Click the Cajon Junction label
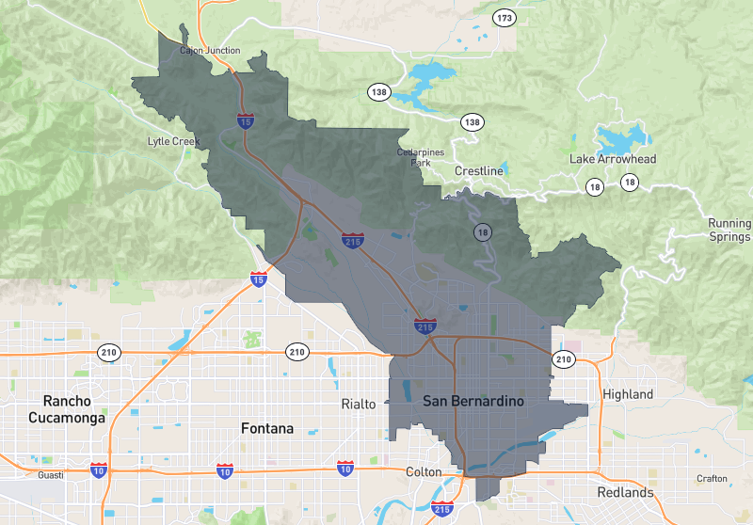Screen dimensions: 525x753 209,50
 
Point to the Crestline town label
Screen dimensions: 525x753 479,171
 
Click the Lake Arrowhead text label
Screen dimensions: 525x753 613,159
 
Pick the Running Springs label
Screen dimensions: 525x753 729,230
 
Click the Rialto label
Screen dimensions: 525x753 358,404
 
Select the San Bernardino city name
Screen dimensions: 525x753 473,401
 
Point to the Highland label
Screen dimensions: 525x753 627,394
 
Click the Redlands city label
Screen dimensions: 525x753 625,492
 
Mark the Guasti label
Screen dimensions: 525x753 51,474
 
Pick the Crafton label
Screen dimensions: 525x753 712,478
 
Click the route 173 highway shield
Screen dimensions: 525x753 506,18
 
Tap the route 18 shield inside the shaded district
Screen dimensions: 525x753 483,231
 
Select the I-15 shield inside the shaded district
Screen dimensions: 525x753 245,119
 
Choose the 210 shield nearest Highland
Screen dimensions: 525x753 563,359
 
